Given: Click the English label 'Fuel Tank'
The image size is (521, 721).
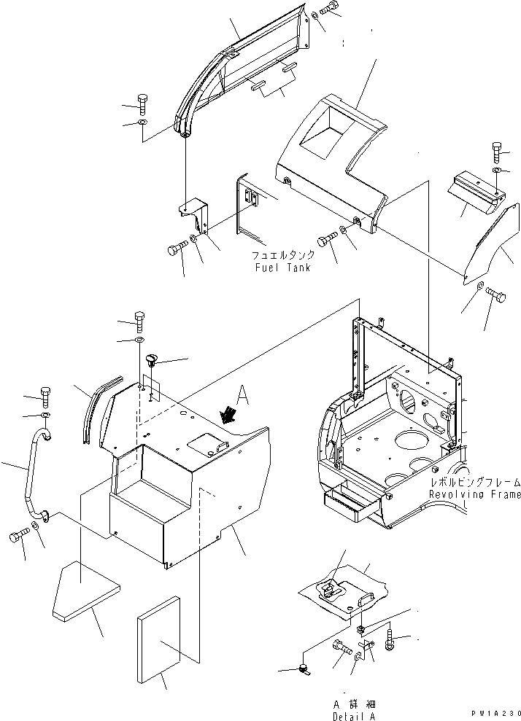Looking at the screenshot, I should point(282,268).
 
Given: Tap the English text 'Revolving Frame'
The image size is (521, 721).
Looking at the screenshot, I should point(475,495).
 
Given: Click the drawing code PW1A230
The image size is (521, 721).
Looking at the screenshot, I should point(494,714).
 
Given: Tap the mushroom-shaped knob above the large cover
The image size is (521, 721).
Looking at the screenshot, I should point(153,360).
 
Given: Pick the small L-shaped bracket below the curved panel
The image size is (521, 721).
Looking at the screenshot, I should point(194,211).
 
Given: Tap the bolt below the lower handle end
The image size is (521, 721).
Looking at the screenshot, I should point(19,537).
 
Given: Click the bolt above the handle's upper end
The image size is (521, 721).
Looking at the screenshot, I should point(45,394).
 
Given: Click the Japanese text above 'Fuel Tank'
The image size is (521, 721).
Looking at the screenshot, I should point(283,255).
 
